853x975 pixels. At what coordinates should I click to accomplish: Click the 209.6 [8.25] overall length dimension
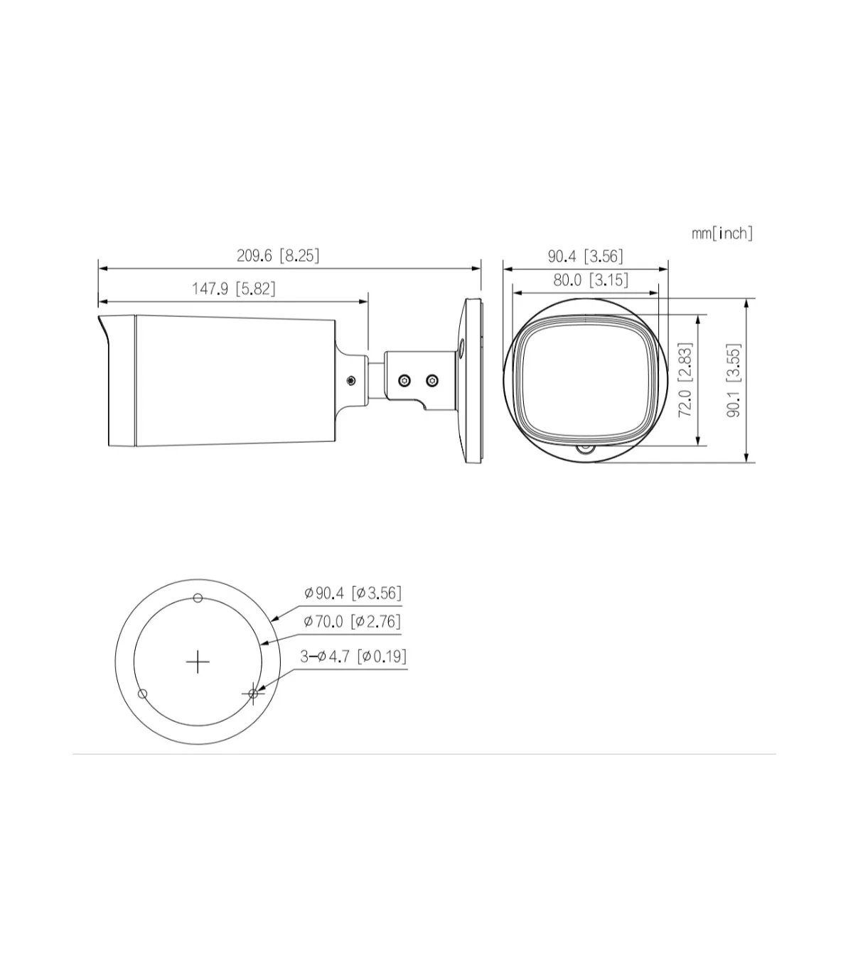[278, 256]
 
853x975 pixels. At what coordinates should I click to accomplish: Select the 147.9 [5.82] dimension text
[233, 289]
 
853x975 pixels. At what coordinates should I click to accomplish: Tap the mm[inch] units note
[722, 234]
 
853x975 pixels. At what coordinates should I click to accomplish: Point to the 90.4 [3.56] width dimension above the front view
[585, 257]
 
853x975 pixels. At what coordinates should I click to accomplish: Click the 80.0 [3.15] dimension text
[591, 280]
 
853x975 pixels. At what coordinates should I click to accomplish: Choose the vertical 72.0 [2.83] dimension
[685, 379]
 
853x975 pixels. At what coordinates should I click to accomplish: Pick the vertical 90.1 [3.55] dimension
[734, 380]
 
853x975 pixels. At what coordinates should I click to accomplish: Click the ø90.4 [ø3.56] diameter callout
[353, 593]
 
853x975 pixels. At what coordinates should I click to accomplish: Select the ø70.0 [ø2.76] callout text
[352, 621]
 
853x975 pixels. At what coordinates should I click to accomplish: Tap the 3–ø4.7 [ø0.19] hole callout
[353, 657]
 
